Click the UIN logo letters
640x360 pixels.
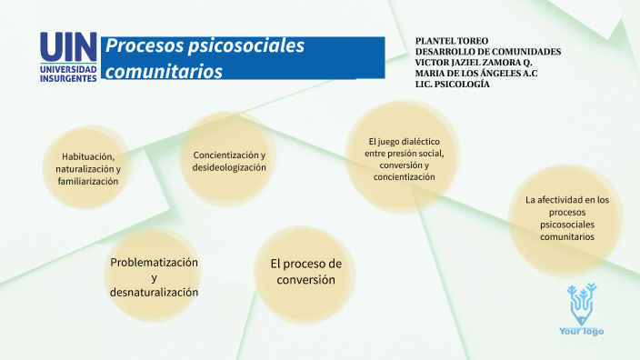[68, 47]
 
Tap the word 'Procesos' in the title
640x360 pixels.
[137, 46]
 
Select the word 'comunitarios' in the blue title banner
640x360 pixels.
[164, 71]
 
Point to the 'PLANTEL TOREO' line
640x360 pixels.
[451, 42]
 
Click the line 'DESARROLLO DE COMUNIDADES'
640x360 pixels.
[487, 52]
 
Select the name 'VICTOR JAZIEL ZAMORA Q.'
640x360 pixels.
[473, 63]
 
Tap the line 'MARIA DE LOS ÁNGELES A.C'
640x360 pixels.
[476, 73]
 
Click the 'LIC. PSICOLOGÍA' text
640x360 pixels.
[452, 84]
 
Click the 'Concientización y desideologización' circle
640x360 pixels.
[229, 162]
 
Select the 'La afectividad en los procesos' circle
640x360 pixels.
[566, 217]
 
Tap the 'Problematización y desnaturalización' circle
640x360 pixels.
[154, 276]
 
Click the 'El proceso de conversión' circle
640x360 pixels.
[305, 272]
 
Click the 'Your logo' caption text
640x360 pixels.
[581, 331]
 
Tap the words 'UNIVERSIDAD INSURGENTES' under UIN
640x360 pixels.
[68, 73]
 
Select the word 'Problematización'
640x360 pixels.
[154, 262]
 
